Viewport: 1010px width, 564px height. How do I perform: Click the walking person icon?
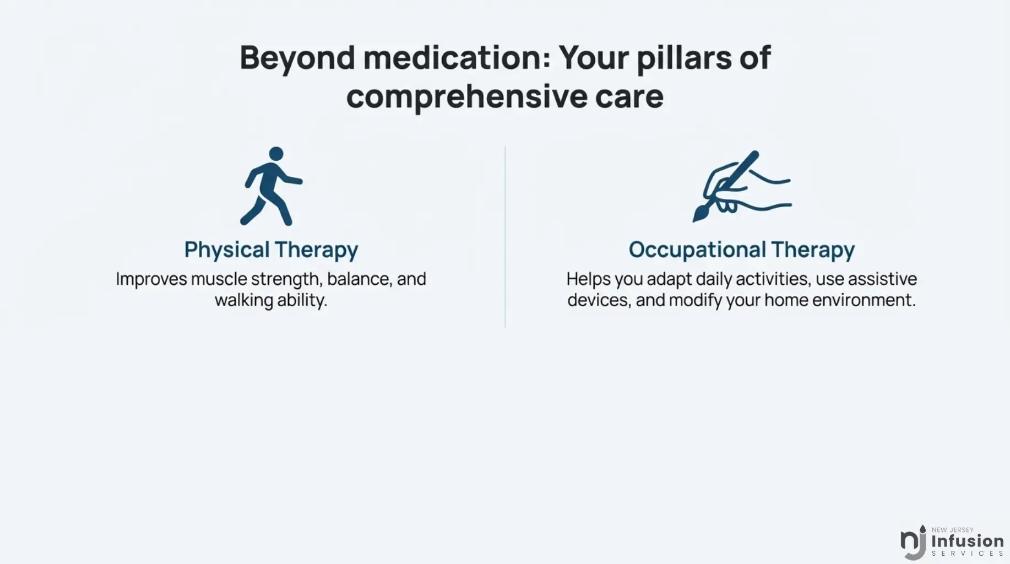coord(270,186)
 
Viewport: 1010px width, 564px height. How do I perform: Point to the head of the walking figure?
coord(276,154)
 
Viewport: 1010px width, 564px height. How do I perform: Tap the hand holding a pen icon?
coord(742,186)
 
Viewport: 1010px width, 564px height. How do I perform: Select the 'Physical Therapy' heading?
coord(271,250)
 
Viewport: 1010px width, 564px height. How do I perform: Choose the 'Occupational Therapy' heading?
coord(742,250)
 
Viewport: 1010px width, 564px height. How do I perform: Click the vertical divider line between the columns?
coord(505,237)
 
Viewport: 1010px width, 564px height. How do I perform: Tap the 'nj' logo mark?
coord(914,543)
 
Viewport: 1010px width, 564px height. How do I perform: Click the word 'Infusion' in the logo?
coord(968,541)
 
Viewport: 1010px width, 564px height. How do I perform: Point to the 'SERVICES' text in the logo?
coord(968,554)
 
